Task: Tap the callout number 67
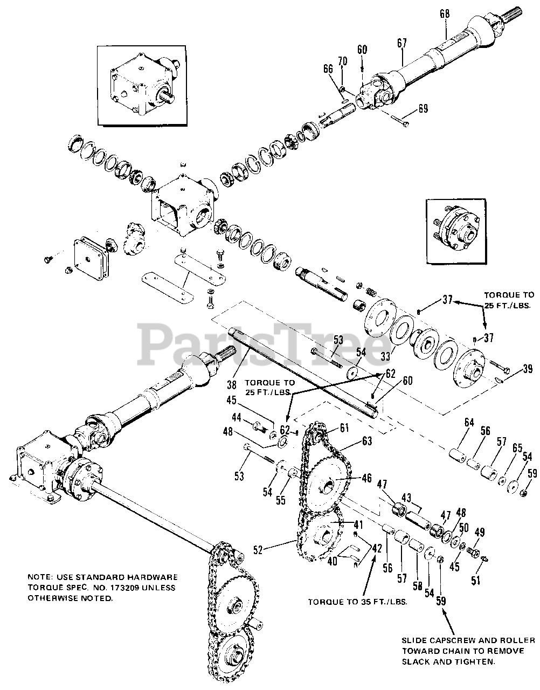tap(402, 43)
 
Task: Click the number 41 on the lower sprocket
tap(343, 524)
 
